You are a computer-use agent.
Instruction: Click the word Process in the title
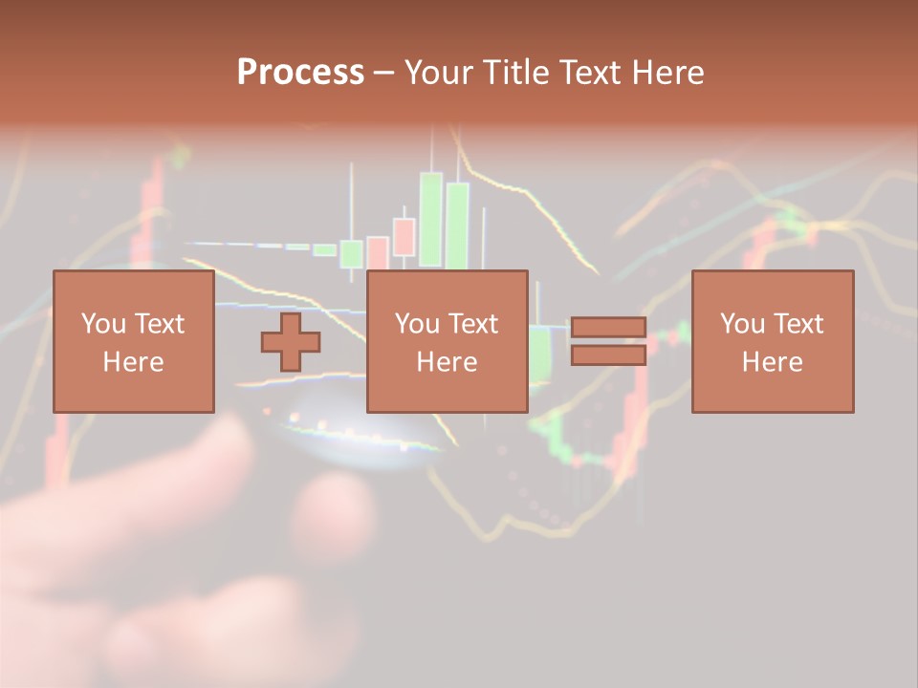pos(300,73)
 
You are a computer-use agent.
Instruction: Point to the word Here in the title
pos(668,73)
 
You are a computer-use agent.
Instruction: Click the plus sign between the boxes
pos(291,341)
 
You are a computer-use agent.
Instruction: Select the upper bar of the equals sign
pos(608,327)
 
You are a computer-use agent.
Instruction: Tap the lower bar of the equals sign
pos(608,355)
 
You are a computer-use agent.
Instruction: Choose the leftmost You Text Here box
pos(133,341)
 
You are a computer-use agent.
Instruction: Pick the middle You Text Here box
pos(447,341)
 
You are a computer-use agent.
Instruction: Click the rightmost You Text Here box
pos(772,341)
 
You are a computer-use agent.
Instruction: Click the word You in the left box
pos(102,324)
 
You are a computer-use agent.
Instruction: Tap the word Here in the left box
pos(133,362)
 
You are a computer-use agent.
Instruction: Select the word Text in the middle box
pos(472,324)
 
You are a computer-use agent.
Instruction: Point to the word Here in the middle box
pos(447,362)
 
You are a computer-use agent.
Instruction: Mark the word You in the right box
pos(741,324)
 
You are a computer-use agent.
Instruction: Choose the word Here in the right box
pos(772,362)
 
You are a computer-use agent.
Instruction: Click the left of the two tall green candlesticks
pos(430,219)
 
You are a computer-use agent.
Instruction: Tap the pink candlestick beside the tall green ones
pos(404,237)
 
